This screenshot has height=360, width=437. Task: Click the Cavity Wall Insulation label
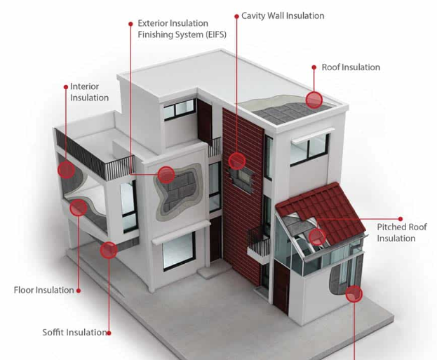(x=283, y=16)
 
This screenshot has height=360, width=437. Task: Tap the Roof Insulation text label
(x=351, y=67)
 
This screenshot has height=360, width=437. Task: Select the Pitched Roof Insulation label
(x=402, y=232)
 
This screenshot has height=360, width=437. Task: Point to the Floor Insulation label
(x=43, y=290)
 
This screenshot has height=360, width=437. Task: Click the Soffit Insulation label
(x=74, y=333)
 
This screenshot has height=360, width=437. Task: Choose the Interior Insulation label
(x=89, y=92)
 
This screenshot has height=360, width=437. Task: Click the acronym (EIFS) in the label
(x=216, y=34)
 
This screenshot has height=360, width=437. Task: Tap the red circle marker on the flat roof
(x=314, y=100)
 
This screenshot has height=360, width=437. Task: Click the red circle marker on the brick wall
(x=237, y=161)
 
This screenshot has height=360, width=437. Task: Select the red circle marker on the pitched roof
(x=317, y=236)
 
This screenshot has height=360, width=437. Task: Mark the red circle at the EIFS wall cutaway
(x=166, y=175)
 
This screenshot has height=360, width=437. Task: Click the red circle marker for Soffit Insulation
(x=109, y=250)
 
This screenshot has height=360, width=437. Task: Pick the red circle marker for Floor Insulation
(x=79, y=208)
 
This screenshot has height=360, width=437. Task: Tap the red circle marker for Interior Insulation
(x=67, y=170)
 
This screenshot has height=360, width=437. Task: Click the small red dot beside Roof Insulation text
(x=314, y=67)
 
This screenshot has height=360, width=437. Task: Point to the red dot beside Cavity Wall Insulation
(x=236, y=16)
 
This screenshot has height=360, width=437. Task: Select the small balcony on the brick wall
(x=259, y=244)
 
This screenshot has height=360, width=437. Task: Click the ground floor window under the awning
(x=179, y=251)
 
